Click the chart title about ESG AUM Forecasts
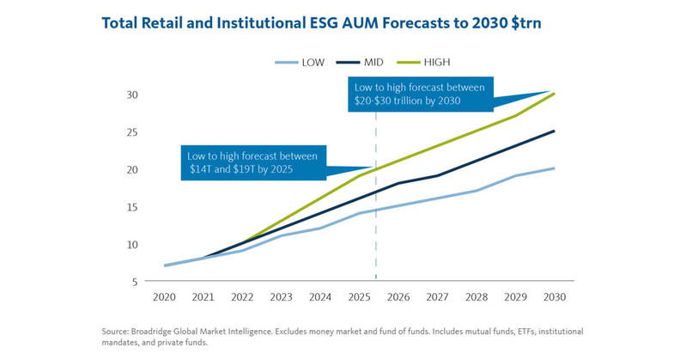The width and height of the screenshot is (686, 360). click(x=320, y=23)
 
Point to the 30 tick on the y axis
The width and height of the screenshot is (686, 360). click(x=133, y=95)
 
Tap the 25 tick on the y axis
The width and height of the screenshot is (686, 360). click(x=133, y=131)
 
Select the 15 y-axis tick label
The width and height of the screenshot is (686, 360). click(x=133, y=207)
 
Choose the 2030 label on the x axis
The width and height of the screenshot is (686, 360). click(x=553, y=296)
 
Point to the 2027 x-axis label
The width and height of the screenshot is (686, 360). click(x=436, y=296)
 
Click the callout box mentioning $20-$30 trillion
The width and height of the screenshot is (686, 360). click(x=420, y=94)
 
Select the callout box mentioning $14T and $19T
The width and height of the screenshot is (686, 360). click(x=254, y=163)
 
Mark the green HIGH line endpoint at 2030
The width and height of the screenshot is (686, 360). click(x=553, y=94)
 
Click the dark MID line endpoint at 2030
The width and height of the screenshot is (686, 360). click(x=553, y=131)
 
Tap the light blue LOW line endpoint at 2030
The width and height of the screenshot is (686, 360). click(x=553, y=168)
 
